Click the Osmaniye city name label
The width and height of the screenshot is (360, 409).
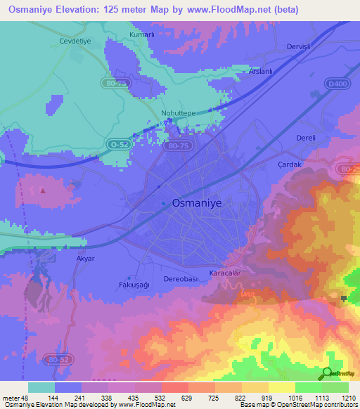[x=197, y=202]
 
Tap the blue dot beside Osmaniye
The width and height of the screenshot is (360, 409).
[x=164, y=204]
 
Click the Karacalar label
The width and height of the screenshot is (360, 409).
[x=226, y=272]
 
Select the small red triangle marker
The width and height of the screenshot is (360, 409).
[x=44, y=190]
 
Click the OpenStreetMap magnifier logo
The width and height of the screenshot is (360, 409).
[x=328, y=374]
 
